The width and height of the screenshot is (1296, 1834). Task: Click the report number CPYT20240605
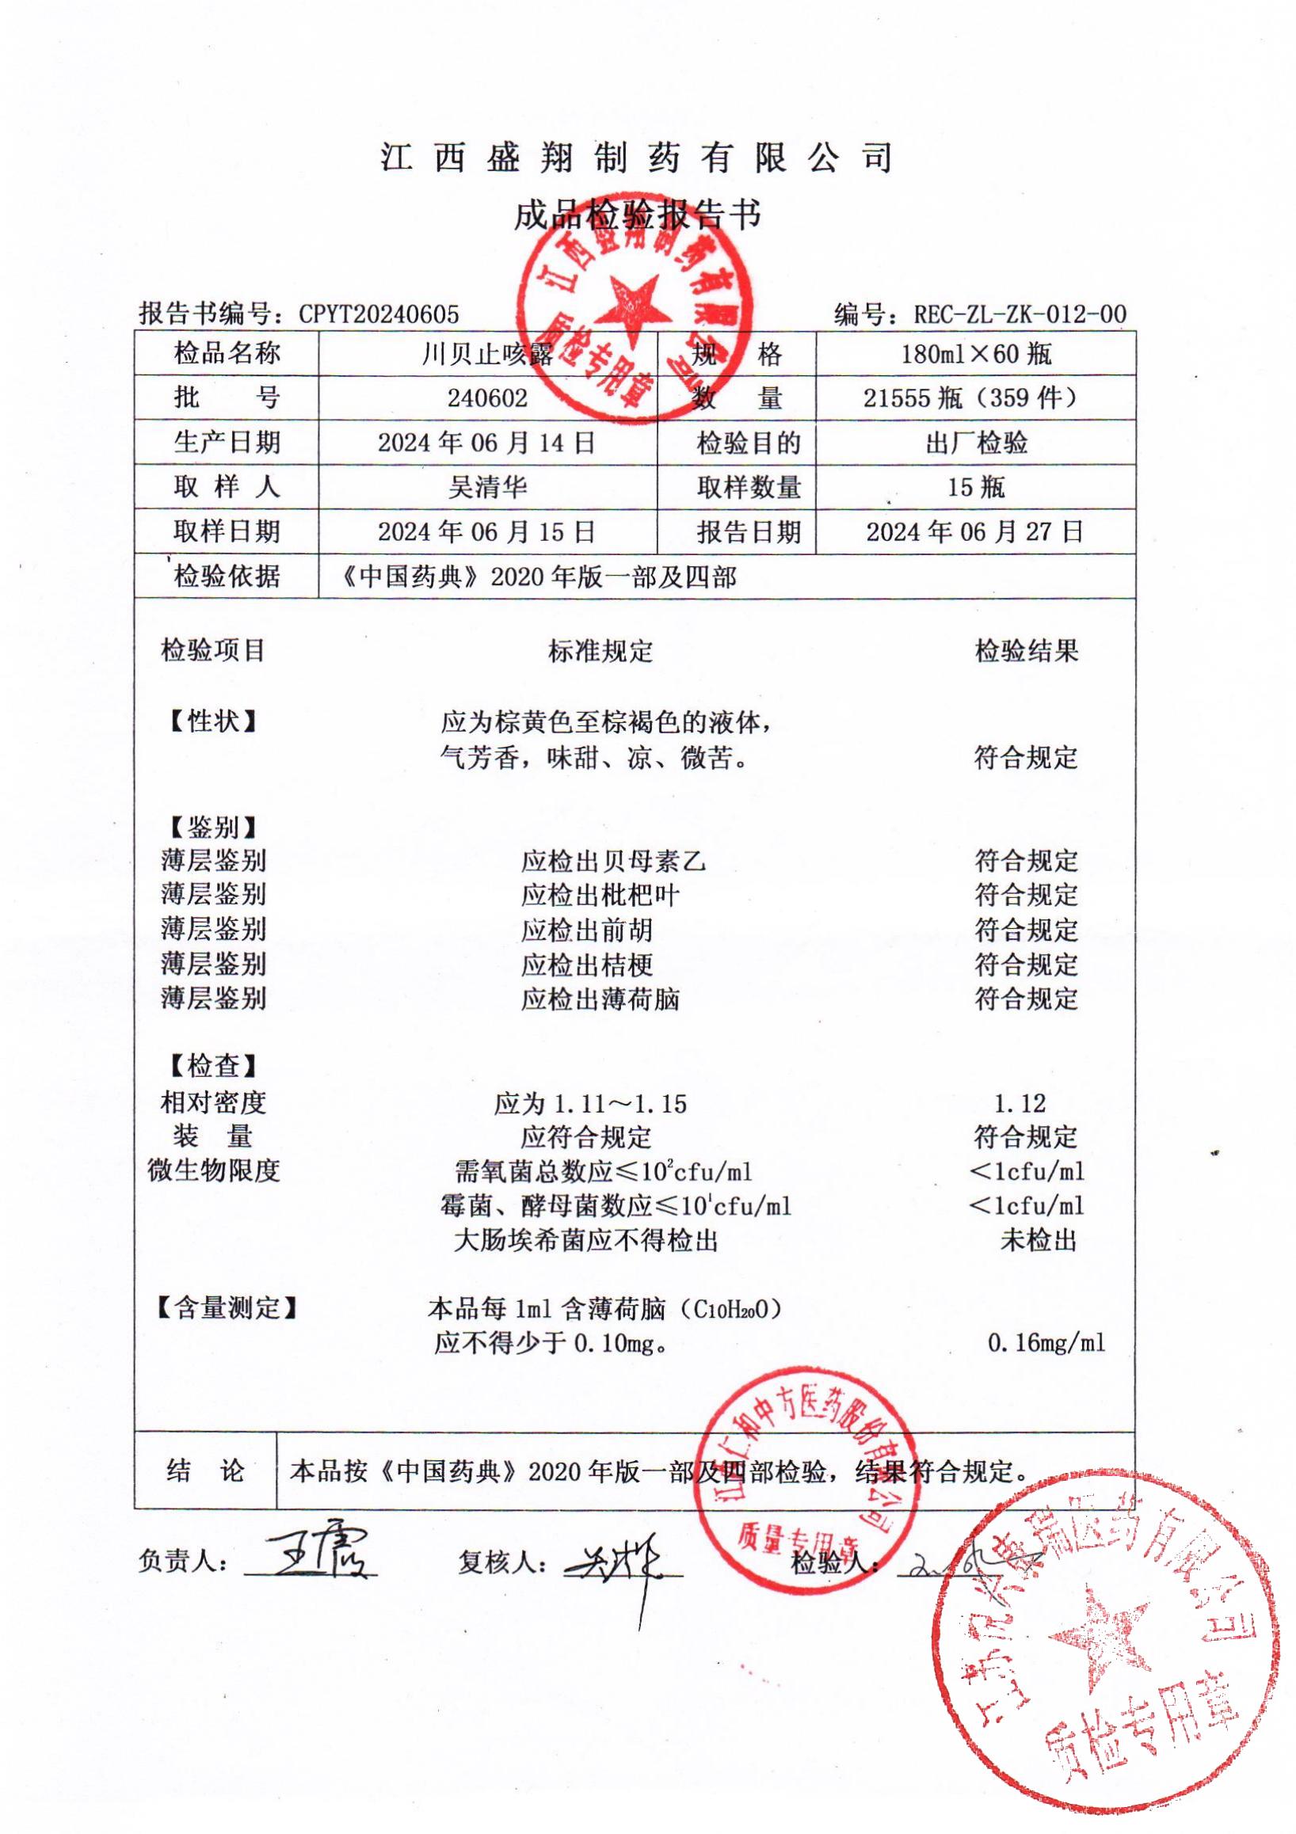[x=379, y=314]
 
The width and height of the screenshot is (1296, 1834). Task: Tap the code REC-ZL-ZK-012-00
[x=1020, y=314]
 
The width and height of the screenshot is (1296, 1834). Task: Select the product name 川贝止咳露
[x=486, y=354]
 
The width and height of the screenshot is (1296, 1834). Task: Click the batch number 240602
[x=486, y=398]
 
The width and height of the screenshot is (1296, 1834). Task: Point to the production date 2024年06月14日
[x=486, y=443]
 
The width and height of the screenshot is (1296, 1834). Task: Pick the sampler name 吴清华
[x=486, y=486]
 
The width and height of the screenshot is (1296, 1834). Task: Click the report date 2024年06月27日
[x=975, y=531]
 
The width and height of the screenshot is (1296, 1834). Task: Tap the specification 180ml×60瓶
[x=976, y=354]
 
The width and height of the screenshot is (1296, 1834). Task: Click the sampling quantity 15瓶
[x=976, y=486]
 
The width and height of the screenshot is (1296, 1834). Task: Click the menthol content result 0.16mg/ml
[x=1046, y=1343]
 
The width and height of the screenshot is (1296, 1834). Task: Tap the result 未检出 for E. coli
[x=1038, y=1241]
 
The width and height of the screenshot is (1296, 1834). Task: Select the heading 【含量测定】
[x=224, y=1307]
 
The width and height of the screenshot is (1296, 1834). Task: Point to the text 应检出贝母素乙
[x=614, y=861]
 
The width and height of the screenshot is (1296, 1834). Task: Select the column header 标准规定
[x=600, y=651]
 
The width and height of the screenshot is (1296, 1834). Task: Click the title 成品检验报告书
[x=637, y=214]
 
